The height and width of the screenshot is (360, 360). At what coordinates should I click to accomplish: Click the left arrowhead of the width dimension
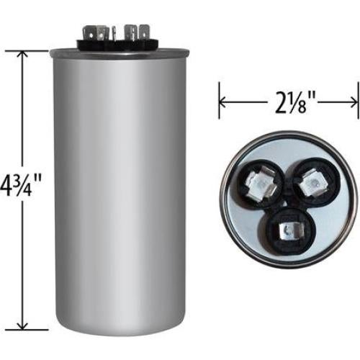[222, 102]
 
